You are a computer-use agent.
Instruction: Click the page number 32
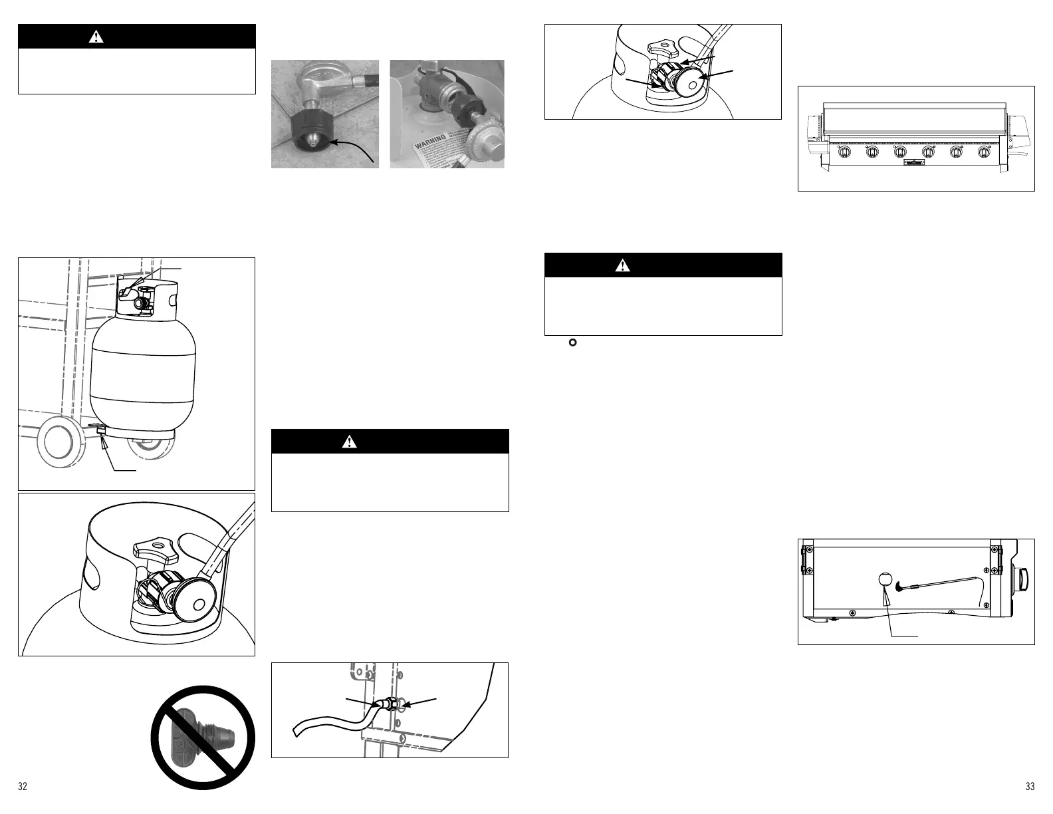coord(23,787)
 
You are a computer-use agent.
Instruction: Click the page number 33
coord(1030,787)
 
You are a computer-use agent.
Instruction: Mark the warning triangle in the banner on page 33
coord(622,265)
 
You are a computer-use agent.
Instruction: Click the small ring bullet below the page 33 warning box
coord(572,343)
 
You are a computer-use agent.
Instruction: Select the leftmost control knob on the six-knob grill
coord(844,152)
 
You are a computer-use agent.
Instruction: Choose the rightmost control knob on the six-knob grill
coord(985,152)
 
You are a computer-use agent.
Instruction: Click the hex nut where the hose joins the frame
coord(392,704)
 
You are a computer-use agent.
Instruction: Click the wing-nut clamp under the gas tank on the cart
coord(101,431)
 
